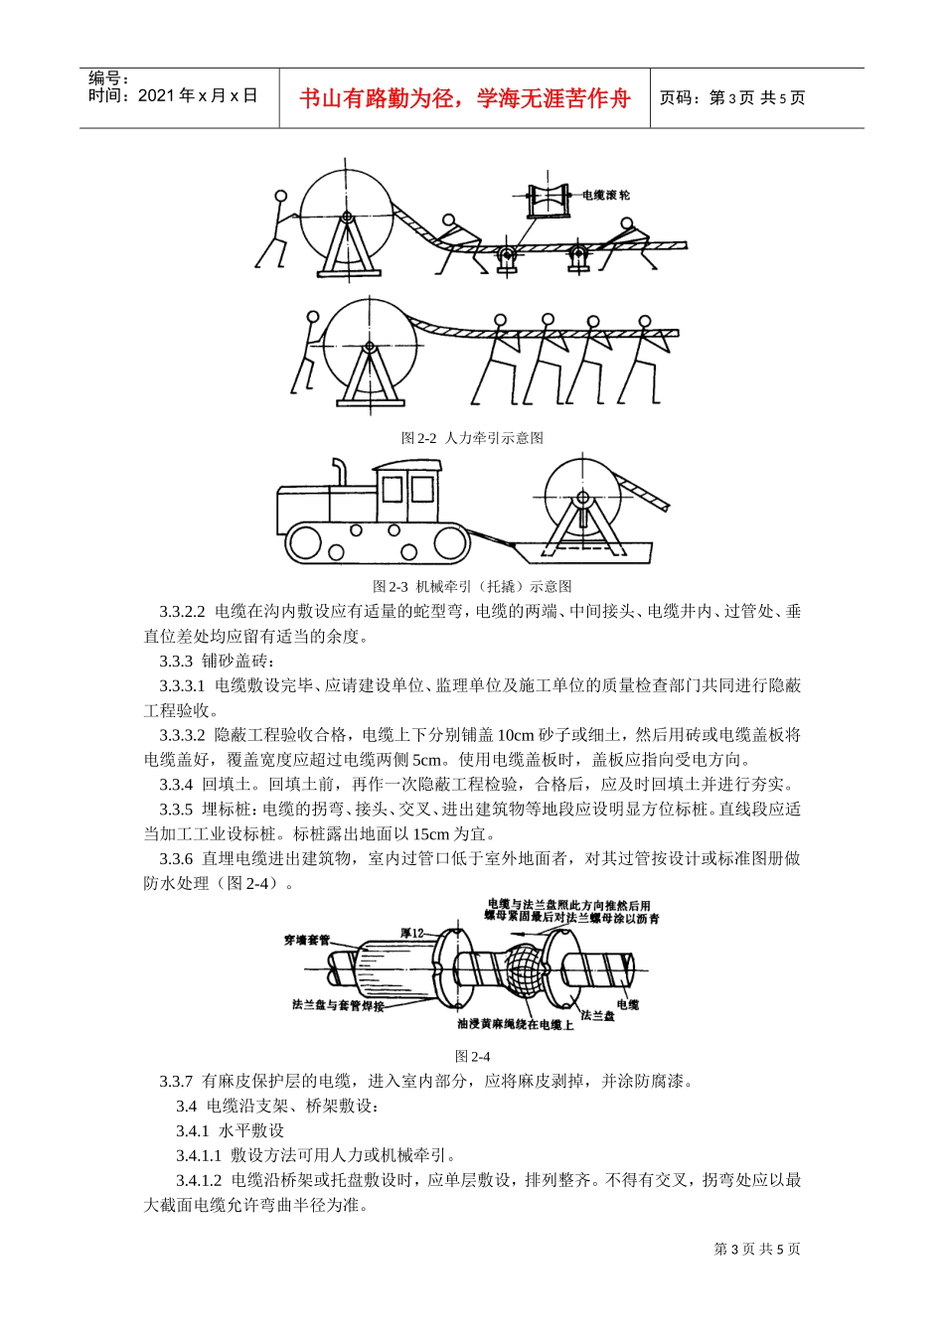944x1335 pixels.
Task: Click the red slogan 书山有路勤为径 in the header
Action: [x=464, y=98]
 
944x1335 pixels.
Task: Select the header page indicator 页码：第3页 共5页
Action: [x=732, y=98]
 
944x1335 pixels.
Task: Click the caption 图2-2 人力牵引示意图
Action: [x=472, y=438]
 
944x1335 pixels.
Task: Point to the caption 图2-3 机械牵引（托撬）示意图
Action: [x=472, y=586]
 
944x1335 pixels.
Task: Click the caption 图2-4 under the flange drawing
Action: [x=472, y=1056]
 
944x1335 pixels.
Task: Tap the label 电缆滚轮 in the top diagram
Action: [x=605, y=196]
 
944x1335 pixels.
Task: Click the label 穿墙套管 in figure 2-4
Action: [x=307, y=939]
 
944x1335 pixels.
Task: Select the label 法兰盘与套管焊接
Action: [x=338, y=1005]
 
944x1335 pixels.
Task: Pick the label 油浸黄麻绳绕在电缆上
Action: [x=515, y=1024]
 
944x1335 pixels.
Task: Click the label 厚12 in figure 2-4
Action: [x=411, y=933]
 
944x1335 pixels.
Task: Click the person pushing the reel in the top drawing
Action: [x=277, y=228]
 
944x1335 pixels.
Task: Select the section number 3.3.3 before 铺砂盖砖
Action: [x=176, y=661]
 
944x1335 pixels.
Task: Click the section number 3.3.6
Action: [x=176, y=858]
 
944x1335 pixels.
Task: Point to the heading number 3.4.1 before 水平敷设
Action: [x=193, y=1130]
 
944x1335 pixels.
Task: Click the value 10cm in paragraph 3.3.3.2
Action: [x=515, y=735]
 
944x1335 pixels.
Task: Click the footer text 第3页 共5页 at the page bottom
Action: [x=757, y=1249]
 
